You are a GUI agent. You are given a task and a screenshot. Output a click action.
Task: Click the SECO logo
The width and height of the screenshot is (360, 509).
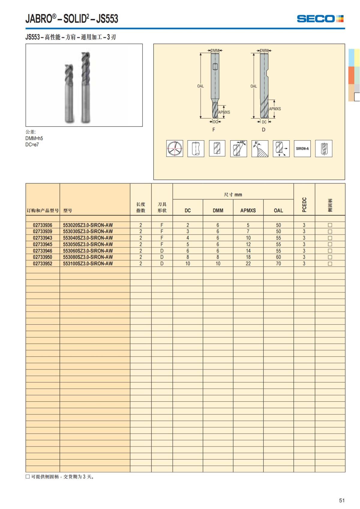pos(320,19)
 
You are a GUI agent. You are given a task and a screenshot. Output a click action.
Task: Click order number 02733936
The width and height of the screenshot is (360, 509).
pos(43,225)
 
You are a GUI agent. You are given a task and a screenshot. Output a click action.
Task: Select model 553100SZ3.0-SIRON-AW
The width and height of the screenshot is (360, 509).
pos(88,264)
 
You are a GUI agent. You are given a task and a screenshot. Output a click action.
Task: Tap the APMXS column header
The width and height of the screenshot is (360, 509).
pos(248,210)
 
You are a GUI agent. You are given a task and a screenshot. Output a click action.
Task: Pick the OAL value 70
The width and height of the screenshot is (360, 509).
pos(278,264)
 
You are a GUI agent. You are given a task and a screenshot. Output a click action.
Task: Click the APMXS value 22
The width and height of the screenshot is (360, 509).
pos(248,264)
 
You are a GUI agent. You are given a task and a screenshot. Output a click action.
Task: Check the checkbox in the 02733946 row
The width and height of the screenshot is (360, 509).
pos(330,251)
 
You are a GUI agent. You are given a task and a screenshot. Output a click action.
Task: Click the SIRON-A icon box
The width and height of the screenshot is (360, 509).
pos(302,148)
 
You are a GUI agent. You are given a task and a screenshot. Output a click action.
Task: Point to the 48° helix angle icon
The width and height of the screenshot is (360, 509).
pos(238,148)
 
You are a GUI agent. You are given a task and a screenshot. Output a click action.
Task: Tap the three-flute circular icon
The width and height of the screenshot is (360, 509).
pos(175,148)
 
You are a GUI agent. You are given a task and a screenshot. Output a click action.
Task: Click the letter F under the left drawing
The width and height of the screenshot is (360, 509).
pos(214,130)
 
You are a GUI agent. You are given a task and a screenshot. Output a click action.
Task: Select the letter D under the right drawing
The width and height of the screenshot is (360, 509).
pos(263,130)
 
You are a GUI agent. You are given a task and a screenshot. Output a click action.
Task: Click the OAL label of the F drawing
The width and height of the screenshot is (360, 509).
pos(200,86)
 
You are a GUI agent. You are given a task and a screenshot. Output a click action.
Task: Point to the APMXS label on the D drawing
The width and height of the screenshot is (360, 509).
pos(275,109)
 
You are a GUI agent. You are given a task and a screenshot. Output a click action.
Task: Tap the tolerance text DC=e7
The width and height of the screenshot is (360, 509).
pos(32,145)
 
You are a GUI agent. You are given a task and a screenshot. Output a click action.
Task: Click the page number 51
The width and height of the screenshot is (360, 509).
pos(342,500)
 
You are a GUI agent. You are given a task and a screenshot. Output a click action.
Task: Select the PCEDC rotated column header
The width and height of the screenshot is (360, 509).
pos(304,205)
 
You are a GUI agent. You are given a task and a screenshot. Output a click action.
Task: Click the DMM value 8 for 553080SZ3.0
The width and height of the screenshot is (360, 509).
pos(218,257)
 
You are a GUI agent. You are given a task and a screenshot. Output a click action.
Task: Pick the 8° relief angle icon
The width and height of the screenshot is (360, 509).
pos(259,148)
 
